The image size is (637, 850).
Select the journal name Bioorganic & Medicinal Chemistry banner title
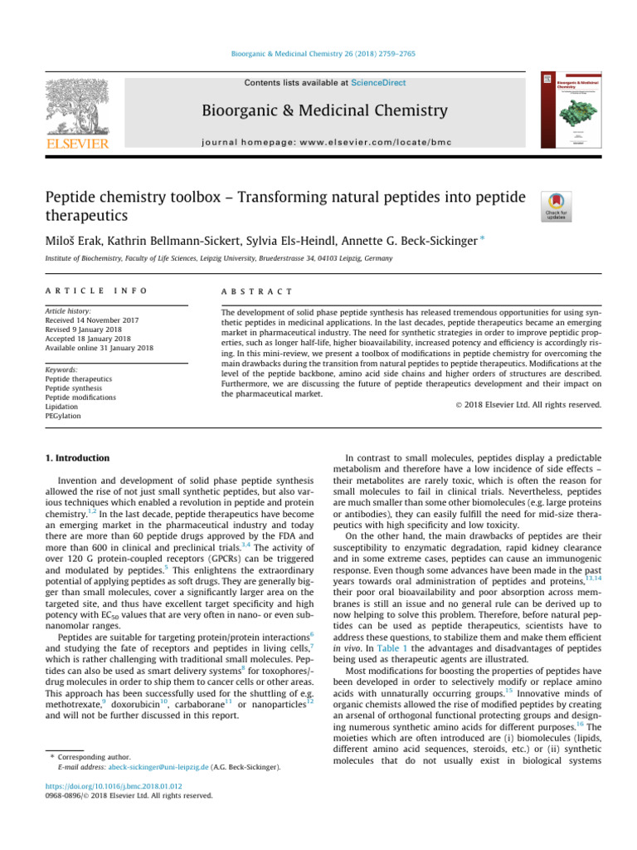[x=324, y=111]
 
